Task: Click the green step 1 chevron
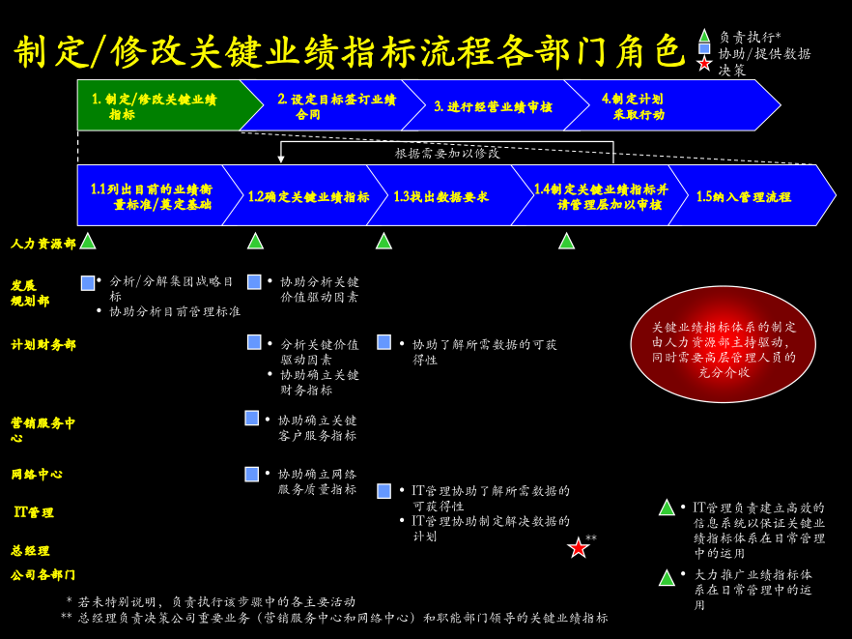(163, 105)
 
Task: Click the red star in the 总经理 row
(578, 547)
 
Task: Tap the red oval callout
(724, 344)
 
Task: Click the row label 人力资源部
(43, 244)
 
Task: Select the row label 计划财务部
(43, 344)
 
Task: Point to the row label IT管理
(34, 511)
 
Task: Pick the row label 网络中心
(37, 475)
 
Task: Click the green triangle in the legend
(704, 36)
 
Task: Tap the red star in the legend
(704, 64)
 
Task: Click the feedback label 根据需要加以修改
(447, 154)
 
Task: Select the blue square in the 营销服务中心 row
(251, 418)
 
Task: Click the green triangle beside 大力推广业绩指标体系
(667, 577)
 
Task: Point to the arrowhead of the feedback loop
(281, 159)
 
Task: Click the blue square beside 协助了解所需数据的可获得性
(384, 342)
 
